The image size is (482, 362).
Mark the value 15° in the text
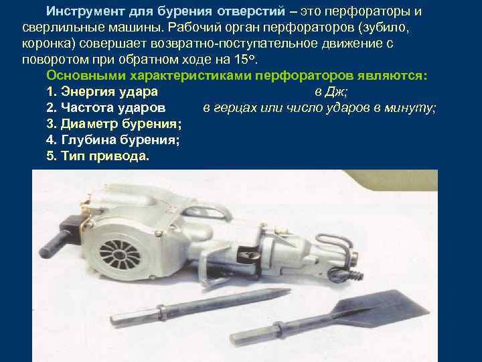pyautogui.click(x=245, y=58)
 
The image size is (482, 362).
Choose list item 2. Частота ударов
pyautogui.click(x=106, y=107)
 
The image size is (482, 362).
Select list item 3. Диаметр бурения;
pyautogui.click(x=114, y=123)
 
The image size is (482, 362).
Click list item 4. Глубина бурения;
pyautogui.click(x=113, y=139)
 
